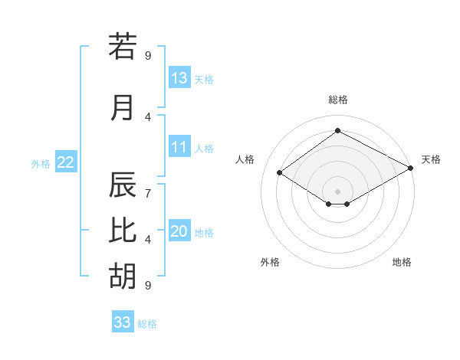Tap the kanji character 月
click(123, 107)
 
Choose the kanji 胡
click(123, 275)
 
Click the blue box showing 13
click(179, 78)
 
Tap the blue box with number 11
click(179, 147)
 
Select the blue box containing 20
click(179, 231)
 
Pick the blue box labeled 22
click(66, 162)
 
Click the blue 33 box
click(123, 322)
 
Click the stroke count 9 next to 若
click(147, 55)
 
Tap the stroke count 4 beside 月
click(147, 117)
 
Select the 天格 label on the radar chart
click(431, 159)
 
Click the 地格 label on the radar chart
click(402, 262)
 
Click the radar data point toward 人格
click(280, 173)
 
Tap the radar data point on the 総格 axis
click(337, 131)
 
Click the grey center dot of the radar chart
click(337, 190)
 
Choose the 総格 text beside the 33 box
click(147, 324)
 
